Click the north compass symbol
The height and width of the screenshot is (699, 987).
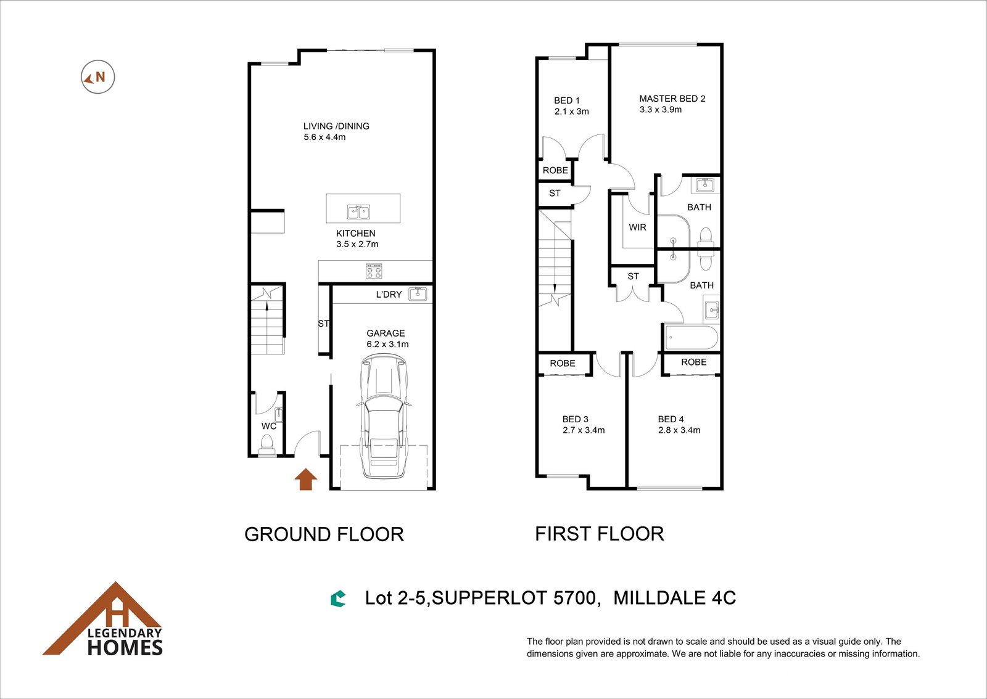[98, 76]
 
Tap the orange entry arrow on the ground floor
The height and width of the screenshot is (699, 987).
[305, 480]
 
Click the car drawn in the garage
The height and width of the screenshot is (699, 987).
[382, 418]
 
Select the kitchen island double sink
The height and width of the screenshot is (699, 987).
[358, 211]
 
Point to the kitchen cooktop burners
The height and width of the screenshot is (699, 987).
[374, 271]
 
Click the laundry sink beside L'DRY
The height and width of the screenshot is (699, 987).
[417, 293]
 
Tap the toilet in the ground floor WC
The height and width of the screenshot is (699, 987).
[266, 444]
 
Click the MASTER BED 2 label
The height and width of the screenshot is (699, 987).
[672, 99]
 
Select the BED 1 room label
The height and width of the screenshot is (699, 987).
[567, 100]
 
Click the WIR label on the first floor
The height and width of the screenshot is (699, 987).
[637, 227]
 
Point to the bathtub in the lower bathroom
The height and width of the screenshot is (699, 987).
[691, 338]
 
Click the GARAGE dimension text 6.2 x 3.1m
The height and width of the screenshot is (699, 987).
[387, 344]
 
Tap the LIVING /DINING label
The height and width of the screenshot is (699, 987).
[336, 126]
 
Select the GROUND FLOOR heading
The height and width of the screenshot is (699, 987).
[324, 534]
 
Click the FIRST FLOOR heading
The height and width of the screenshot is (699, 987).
[599, 533]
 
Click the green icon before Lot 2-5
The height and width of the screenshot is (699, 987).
[338, 599]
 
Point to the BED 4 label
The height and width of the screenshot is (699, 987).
[671, 419]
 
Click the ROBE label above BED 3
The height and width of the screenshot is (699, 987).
[562, 363]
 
